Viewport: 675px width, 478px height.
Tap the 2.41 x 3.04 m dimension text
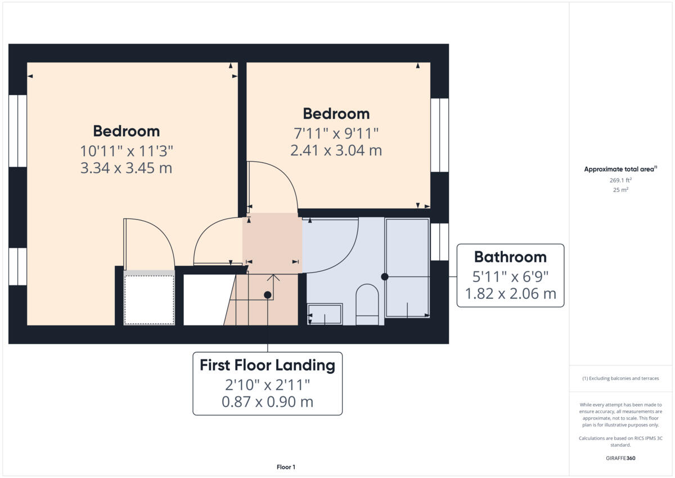click(336, 150)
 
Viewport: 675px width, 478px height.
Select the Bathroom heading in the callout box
click(510, 257)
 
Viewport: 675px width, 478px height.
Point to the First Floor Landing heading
click(267, 365)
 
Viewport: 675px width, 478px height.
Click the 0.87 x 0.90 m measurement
click(267, 402)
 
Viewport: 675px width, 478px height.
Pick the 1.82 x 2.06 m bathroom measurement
click(510, 293)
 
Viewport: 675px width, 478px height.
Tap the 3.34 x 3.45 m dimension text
click(127, 168)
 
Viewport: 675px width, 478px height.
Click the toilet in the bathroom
click(367, 304)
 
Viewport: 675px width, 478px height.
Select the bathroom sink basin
click(325, 314)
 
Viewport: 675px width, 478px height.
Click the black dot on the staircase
click(268, 294)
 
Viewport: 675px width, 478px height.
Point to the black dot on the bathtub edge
click(385, 276)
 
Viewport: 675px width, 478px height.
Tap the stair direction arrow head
click(273, 276)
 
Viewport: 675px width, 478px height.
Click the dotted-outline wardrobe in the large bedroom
click(149, 300)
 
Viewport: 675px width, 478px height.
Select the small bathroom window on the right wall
click(439, 242)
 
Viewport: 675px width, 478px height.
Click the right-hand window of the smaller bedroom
click(439, 135)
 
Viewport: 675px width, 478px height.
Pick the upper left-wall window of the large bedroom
click(17, 131)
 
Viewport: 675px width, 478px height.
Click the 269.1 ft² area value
click(620, 180)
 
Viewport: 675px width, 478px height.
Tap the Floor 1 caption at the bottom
click(286, 467)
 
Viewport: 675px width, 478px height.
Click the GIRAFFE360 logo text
click(620, 458)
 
